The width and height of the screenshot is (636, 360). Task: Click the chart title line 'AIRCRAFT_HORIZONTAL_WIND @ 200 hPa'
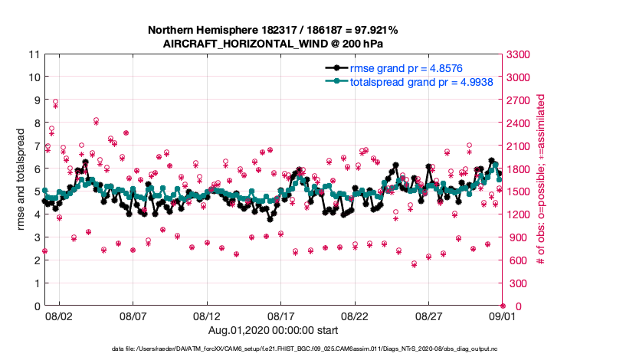point(273,44)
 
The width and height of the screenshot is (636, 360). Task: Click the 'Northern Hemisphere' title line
point(273,30)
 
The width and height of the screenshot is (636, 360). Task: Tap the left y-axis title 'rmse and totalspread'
point(21,180)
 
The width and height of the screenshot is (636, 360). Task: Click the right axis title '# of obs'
point(540,180)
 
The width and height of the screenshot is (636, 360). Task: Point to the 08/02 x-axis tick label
point(59,316)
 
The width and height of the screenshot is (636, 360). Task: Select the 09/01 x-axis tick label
point(503,316)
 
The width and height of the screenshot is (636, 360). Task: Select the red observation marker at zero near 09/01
point(503,306)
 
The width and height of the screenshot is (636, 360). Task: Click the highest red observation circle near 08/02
point(55,102)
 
